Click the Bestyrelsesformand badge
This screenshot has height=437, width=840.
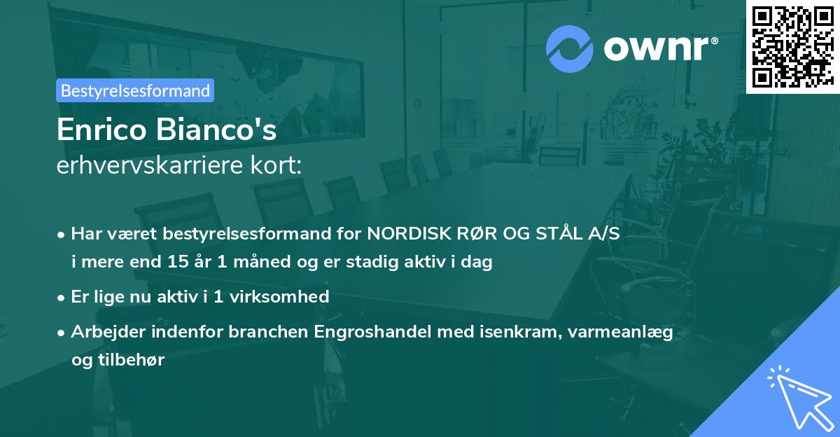coord(135,90)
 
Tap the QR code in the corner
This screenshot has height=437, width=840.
coord(792,46)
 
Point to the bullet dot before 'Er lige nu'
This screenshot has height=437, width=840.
coord(62,298)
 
